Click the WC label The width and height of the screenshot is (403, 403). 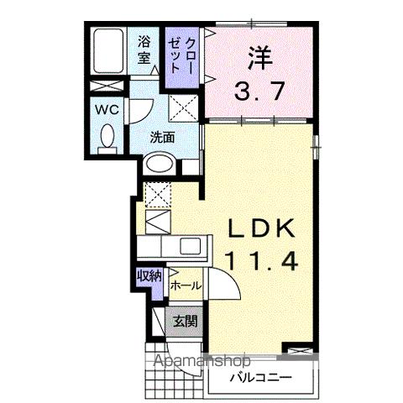pos(106,110)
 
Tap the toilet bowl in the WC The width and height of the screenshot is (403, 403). pos(107,137)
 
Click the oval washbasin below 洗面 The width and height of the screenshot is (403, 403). pos(157,165)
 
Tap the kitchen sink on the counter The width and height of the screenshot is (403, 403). pos(189,247)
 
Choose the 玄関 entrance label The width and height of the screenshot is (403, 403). pos(186,320)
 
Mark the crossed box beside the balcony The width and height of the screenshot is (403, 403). pos(298,353)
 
